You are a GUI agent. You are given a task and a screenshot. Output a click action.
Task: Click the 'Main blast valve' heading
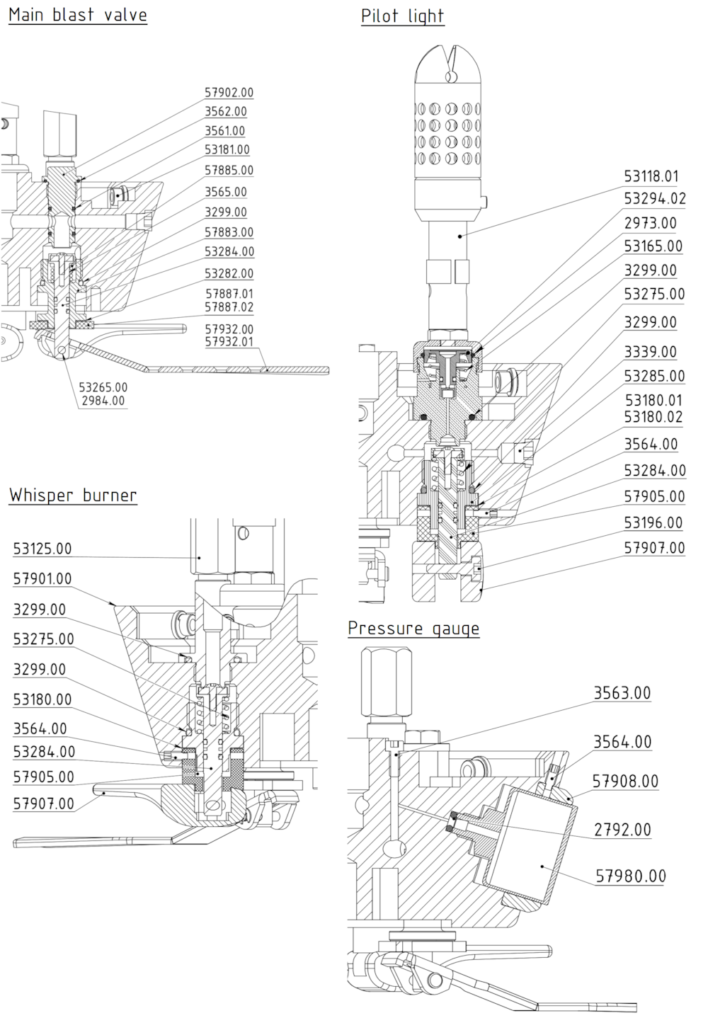coord(78,15)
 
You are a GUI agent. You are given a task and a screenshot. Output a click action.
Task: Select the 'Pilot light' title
coord(402,16)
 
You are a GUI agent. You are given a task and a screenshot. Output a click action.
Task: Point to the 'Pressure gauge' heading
coord(413,628)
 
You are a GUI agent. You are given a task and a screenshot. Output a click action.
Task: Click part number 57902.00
coord(229,93)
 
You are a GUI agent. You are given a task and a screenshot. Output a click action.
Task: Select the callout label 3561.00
coord(225,131)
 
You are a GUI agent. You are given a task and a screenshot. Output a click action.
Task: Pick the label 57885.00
coord(229,171)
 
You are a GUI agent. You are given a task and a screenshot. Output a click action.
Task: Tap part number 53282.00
coord(229,273)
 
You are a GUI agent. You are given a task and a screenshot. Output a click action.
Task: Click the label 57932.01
coord(229,342)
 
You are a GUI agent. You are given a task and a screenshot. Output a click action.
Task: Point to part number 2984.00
coord(103,401)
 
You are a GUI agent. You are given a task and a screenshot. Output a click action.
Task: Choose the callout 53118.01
coord(651,176)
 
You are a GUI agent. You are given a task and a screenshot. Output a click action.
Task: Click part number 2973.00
coord(650,223)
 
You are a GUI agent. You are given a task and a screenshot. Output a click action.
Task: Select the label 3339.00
coord(650,352)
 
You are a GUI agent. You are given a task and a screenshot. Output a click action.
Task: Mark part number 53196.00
coord(653,522)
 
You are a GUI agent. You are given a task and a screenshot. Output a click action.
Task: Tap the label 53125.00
coord(42,549)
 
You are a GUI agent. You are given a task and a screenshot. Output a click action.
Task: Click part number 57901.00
coord(42,579)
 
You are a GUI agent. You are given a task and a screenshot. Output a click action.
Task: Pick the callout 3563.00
coord(622,693)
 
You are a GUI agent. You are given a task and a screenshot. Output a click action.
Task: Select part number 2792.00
coord(622,829)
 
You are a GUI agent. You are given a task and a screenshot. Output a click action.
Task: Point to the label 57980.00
coord(630,876)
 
